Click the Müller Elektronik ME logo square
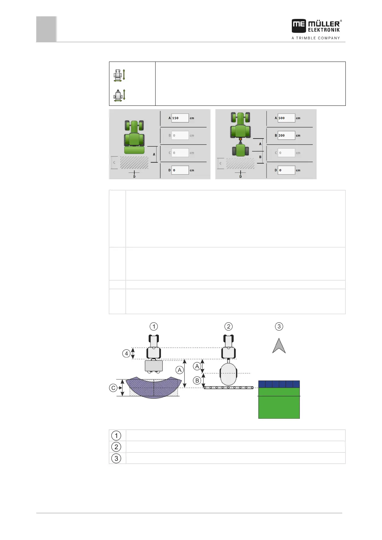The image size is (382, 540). [299, 26]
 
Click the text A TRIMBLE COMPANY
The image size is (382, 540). [316, 38]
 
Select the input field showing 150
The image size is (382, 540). [180, 118]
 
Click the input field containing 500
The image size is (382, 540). [286, 118]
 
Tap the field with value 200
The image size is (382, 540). [286, 135]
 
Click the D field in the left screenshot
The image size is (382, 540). [180, 170]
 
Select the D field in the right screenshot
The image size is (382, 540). [286, 170]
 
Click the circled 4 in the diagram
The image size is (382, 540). [126, 354]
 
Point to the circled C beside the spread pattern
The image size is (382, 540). [113, 388]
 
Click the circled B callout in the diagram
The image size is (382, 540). [197, 381]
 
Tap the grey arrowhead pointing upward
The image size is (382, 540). [279, 346]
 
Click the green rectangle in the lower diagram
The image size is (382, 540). [279, 403]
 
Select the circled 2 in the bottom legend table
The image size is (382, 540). [116, 447]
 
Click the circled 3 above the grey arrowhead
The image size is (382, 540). [279, 326]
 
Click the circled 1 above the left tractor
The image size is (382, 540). [154, 326]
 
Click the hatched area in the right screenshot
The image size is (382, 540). [240, 163]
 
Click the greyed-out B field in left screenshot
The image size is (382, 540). [180, 135]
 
